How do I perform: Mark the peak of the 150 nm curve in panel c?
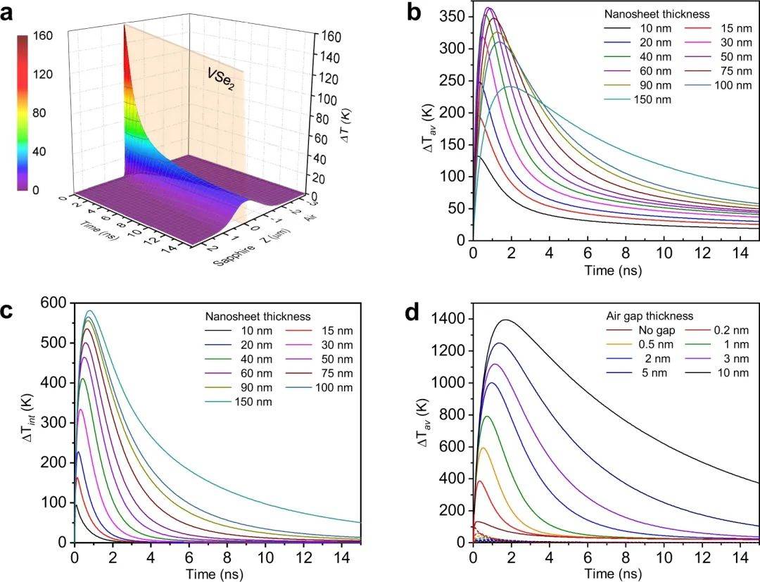pyautogui.click(x=89, y=311)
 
